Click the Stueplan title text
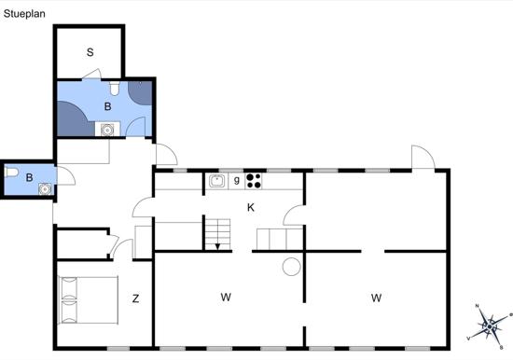tap(24, 14)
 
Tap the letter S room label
tap(90, 52)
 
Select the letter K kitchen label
tap(251, 207)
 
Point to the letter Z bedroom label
tap(135, 298)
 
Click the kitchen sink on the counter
tap(217, 181)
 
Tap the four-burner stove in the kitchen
tap(254, 181)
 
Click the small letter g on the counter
tap(237, 180)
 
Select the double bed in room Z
tap(88, 300)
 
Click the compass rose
tap(489, 326)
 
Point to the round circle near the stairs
tap(292, 267)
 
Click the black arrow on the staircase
tap(217, 246)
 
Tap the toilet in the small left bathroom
tap(11, 172)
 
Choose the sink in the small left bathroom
tap(45, 188)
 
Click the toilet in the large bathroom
tap(114, 88)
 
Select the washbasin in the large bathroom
tap(107, 130)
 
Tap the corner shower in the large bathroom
tap(140, 92)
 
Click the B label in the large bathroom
tap(107, 106)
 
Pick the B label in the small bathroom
tap(29, 177)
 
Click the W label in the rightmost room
tap(376, 298)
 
